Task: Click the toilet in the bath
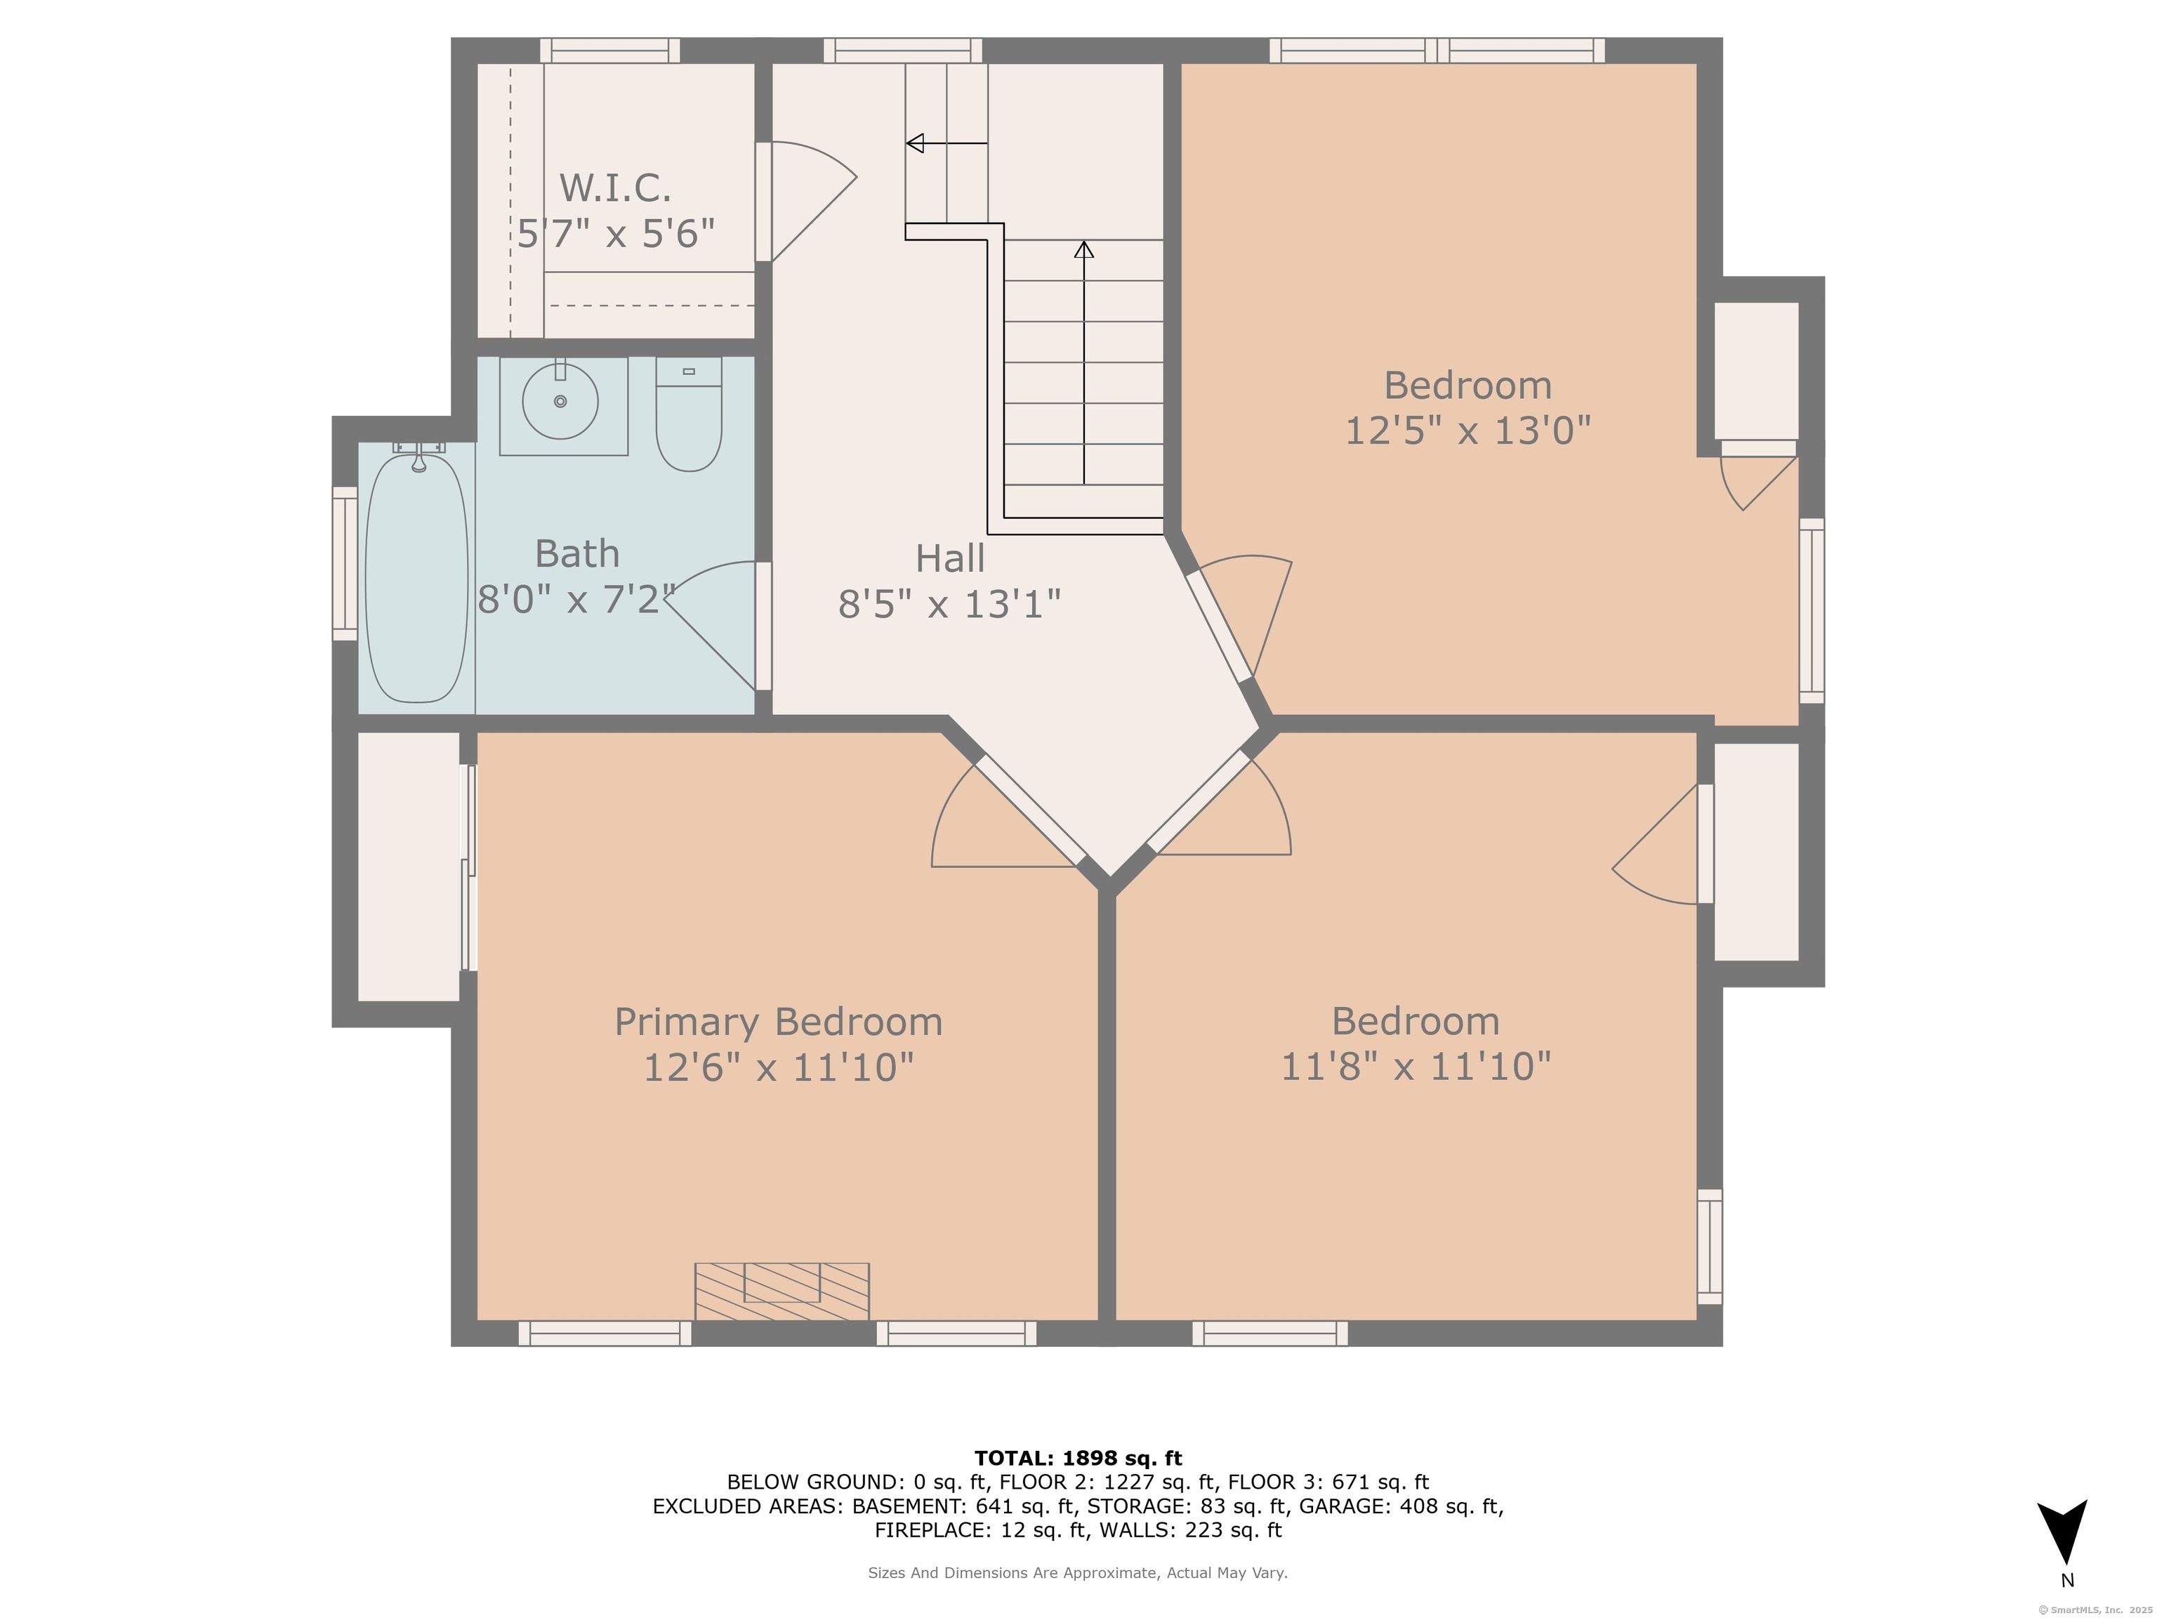(x=688, y=414)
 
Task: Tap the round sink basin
(x=561, y=401)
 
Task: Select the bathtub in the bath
(x=416, y=577)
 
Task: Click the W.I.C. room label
(x=615, y=188)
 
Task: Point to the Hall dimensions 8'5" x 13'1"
(x=949, y=605)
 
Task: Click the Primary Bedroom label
(x=778, y=1022)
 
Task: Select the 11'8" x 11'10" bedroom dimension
(x=1415, y=1067)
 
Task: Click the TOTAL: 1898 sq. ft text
(x=1078, y=1458)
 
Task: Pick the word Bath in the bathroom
(x=577, y=554)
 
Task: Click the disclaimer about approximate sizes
(x=1078, y=1572)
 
